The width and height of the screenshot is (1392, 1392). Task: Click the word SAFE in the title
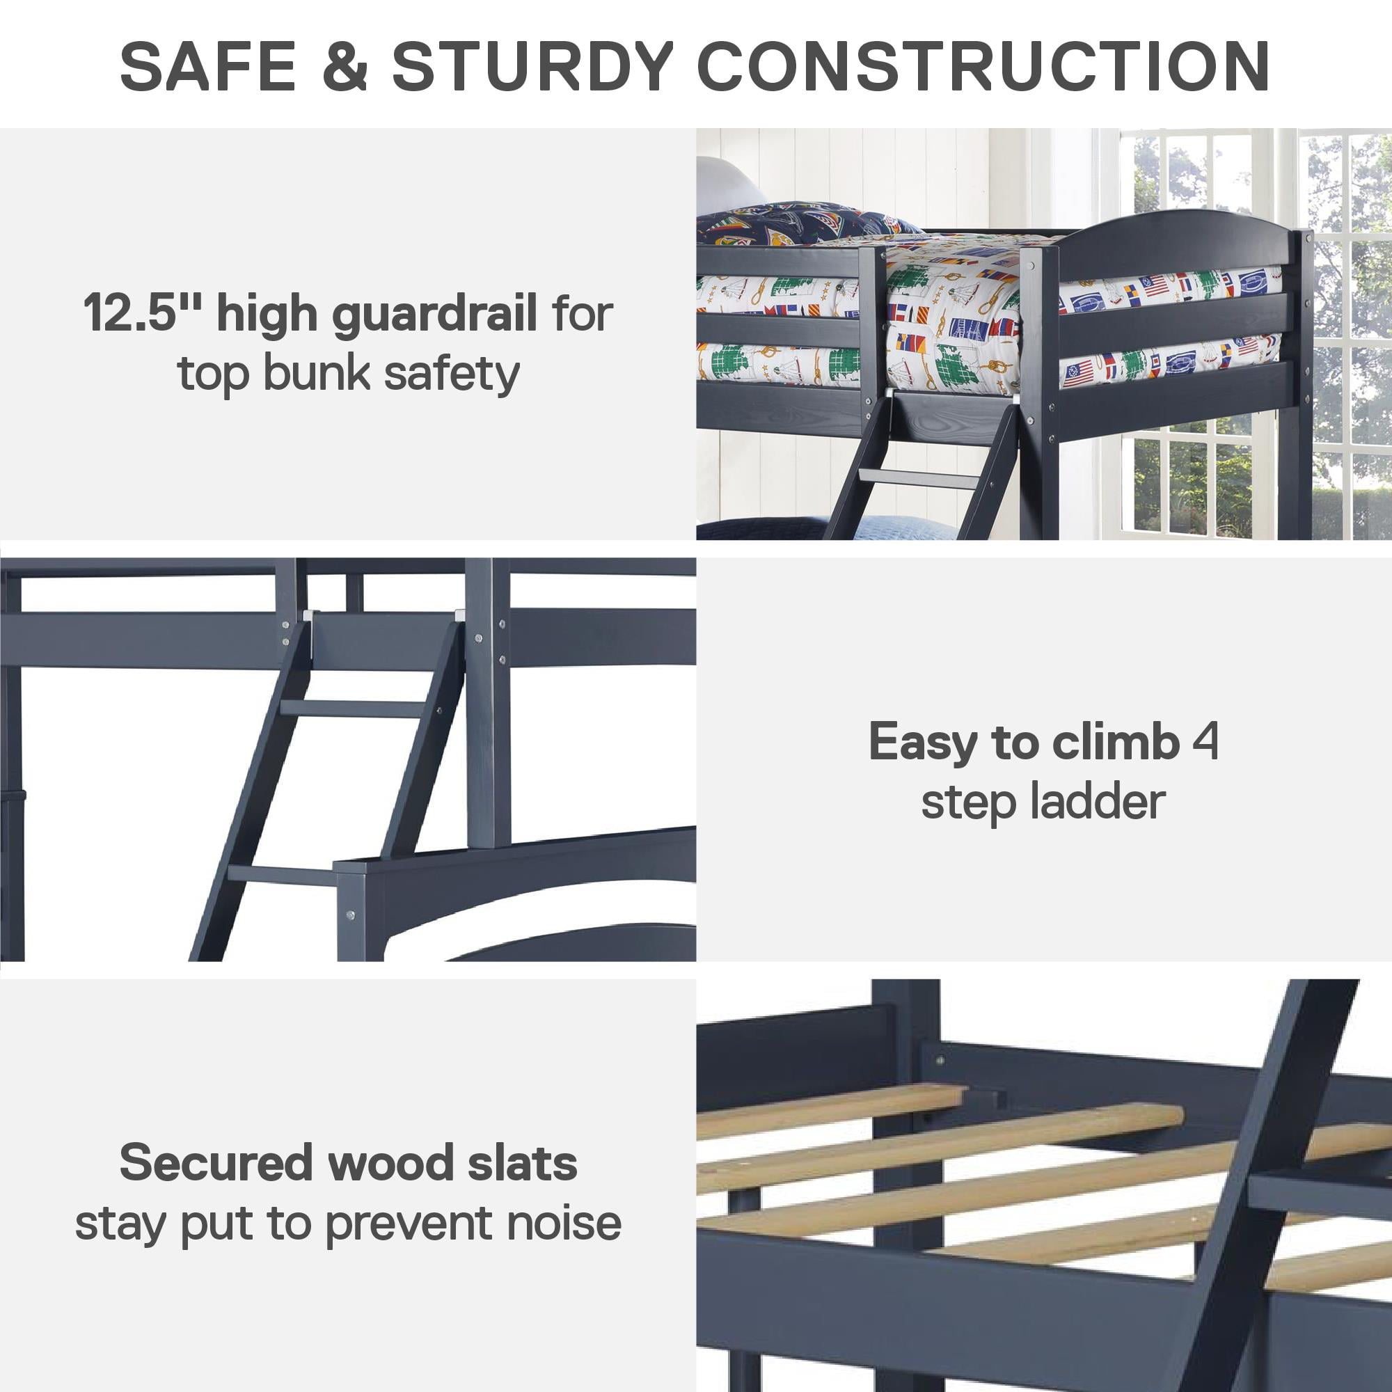[x=208, y=66]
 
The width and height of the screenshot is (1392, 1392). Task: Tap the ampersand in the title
[x=345, y=66]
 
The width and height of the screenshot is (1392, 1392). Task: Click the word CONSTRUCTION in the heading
[x=983, y=66]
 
